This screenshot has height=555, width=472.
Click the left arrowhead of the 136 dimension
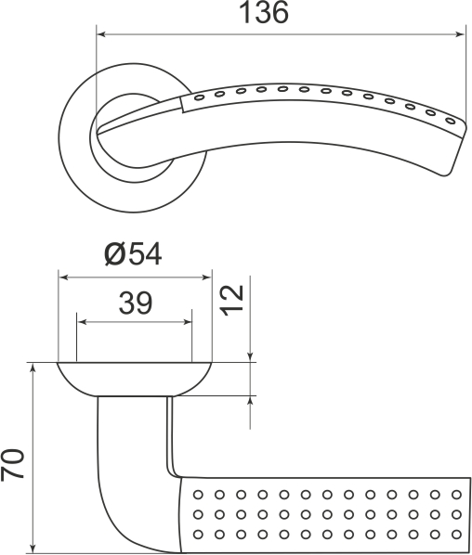tap(101, 35)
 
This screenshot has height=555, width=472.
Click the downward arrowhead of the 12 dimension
tap(251, 357)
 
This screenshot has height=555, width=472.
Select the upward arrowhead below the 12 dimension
tap(251, 401)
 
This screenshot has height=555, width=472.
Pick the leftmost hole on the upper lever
tap(200, 97)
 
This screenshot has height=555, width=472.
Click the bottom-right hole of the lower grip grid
tap(456, 534)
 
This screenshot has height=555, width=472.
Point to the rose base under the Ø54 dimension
tap(135, 378)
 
